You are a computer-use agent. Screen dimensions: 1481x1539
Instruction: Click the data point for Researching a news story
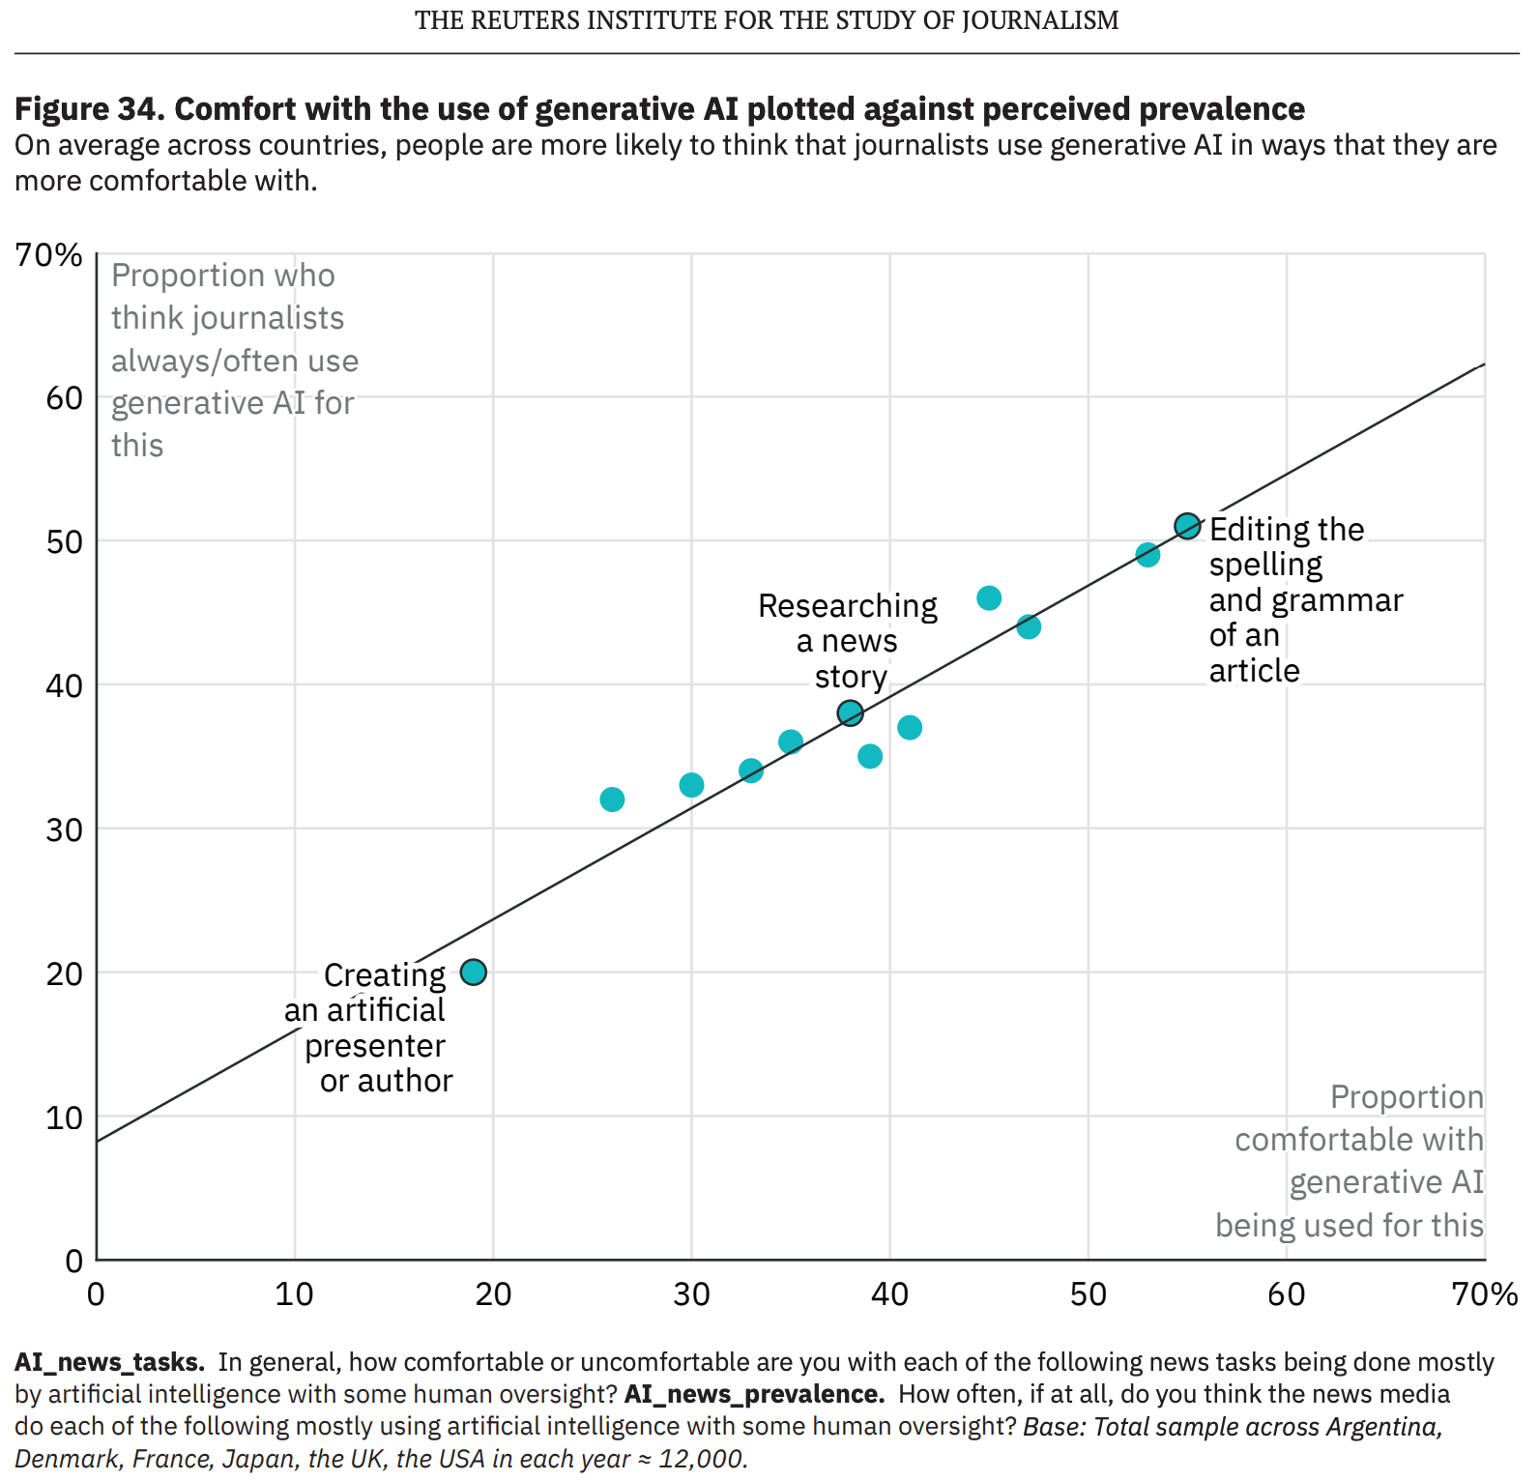(x=850, y=713)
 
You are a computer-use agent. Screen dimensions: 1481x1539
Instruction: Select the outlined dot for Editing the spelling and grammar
(x=1187, y=526)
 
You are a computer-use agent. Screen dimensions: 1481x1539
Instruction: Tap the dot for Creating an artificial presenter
(x=473, y=973)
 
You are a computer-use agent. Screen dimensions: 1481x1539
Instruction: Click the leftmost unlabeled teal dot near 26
(x=612, y=799)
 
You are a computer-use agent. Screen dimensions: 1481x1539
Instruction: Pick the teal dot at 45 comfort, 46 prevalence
(x=989, y=598)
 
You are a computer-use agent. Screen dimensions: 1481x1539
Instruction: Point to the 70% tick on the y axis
(x=49, y=255)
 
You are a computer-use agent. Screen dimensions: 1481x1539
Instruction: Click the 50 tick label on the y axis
(x=64, y=541)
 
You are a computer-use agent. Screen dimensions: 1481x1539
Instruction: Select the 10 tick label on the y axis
(x=64, y=1118)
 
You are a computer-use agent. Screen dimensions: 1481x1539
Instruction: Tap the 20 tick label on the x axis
(x=493, y=1293)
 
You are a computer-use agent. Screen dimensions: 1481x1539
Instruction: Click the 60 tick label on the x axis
(x=1287, y=1293)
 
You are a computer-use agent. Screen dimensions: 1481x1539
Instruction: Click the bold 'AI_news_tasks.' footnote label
(x=109, y=1362)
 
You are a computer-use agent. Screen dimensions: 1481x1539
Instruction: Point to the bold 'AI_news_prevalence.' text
(x=754, y=1394)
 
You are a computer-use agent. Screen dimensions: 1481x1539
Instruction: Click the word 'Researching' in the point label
(x=847, y=606)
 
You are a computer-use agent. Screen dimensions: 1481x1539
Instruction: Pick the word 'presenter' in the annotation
(x=375, y=1046)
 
